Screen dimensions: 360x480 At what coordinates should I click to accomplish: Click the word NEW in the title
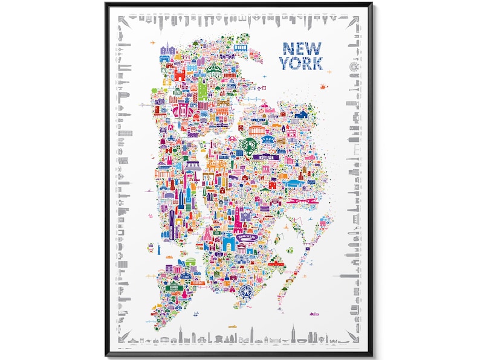pos(300,48)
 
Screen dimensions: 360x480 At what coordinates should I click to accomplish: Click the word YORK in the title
pos(300,62)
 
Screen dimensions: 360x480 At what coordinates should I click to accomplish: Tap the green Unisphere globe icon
pos(250,144)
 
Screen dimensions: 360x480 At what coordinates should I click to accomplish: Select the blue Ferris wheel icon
pos(245,292)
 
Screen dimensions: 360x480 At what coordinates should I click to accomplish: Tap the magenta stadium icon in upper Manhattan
pos(183,111)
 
